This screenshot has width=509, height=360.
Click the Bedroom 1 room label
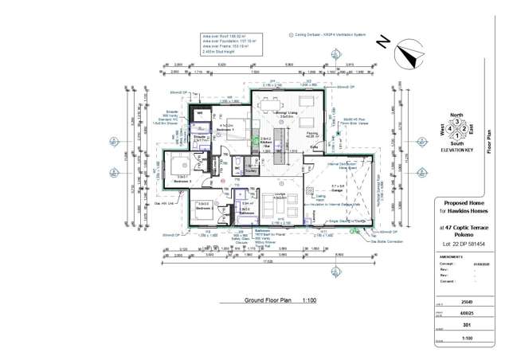click(226, 128)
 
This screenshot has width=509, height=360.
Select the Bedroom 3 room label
click(182, 182)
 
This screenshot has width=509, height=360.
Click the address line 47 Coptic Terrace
click(465, 227)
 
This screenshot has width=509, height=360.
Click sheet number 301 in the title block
click(466, 324)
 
